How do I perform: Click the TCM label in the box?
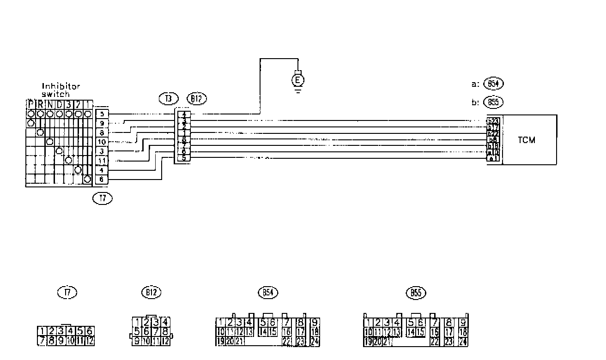(526, 140)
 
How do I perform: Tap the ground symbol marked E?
(298, 80)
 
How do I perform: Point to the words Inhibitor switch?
(61, 90)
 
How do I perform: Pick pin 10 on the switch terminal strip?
(102, 142)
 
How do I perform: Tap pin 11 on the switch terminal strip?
(102, 160)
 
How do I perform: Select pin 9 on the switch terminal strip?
(102, 123)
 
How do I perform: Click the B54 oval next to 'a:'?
(493, 84)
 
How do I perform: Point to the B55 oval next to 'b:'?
(493, 102)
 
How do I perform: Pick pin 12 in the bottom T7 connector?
(90, 341)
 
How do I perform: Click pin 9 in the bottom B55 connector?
(462, 322)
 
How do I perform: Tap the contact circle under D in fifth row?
(59, 150)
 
